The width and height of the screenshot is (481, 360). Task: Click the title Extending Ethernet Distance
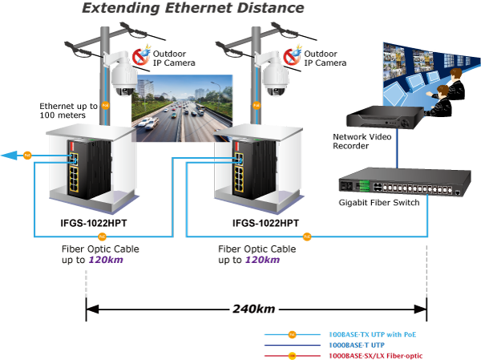193,8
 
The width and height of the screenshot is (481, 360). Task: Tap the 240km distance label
253,309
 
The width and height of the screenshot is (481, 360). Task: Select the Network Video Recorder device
385,117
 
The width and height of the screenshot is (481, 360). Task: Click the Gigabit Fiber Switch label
379,203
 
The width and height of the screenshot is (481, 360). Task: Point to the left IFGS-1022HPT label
94,223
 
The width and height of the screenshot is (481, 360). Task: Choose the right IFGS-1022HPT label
265,223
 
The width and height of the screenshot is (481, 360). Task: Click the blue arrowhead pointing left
9,156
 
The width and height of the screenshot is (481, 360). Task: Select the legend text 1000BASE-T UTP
357,346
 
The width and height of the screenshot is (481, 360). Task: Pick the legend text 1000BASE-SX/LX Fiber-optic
375,356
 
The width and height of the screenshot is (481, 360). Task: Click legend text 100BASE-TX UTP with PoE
373,334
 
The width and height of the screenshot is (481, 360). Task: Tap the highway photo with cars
182,108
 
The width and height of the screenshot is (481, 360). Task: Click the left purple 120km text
106,260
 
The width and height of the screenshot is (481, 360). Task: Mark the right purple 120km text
263,260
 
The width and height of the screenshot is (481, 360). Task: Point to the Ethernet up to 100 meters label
68,111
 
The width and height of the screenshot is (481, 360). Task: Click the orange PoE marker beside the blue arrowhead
27,156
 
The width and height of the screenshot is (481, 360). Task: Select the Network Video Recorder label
362,141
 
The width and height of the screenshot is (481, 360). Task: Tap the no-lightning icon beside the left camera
140,56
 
